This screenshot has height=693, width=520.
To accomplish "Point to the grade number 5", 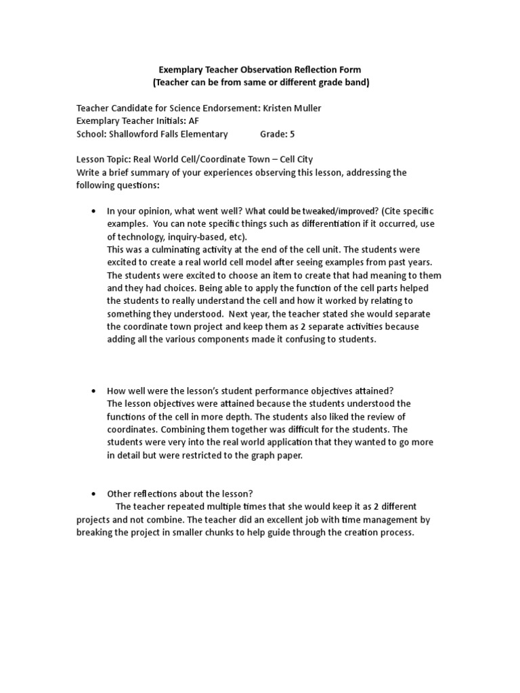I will point(292,134).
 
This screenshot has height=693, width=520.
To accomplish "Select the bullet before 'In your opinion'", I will point(93,211).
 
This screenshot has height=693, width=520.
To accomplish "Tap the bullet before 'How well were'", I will point(93,391).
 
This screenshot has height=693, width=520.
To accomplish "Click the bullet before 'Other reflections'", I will point(93,493).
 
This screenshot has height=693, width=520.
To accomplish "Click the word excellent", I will point(296,520).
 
